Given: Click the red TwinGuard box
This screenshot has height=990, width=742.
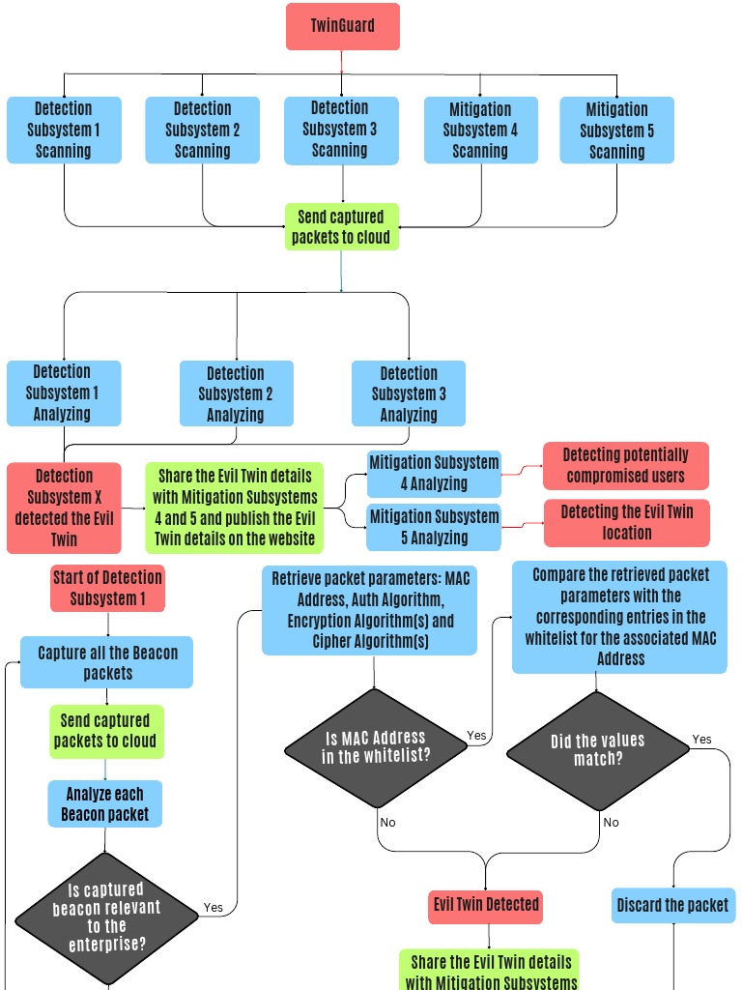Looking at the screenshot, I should coord(342,26).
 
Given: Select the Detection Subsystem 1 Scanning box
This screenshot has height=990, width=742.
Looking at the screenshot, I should coord(64,130).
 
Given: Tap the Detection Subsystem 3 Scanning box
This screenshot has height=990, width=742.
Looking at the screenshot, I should coord(340,130).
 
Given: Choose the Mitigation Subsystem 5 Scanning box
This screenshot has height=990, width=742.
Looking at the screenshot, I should coord(616,130).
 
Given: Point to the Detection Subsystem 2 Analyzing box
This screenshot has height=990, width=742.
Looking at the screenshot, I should coord(236,393).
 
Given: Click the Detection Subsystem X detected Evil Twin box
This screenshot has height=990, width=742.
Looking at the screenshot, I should coord(64,508).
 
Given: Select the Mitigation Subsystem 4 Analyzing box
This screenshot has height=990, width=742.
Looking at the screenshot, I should coord(434,473).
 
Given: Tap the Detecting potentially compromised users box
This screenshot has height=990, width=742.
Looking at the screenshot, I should coord(625,465).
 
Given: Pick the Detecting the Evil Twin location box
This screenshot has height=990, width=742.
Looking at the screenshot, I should coord(626,522).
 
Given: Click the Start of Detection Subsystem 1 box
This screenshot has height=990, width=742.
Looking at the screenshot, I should coord(107,588).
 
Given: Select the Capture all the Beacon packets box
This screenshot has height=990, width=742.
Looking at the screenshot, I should coord(107,662).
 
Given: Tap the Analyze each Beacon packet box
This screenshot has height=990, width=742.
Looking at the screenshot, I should coord(105,803).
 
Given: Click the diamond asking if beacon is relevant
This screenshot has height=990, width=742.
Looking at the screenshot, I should coord(106,917).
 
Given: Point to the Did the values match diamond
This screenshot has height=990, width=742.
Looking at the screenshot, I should coord(597,749).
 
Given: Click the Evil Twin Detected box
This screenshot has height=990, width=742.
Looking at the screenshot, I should coord(486,905).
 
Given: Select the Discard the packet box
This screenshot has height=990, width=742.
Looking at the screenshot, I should coord(672,905).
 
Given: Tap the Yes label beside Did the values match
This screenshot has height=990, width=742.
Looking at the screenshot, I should coord(701,740).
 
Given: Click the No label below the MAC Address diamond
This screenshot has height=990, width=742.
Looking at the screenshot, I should coord(387,823).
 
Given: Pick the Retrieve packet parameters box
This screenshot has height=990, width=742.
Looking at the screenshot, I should coord(369,610).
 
